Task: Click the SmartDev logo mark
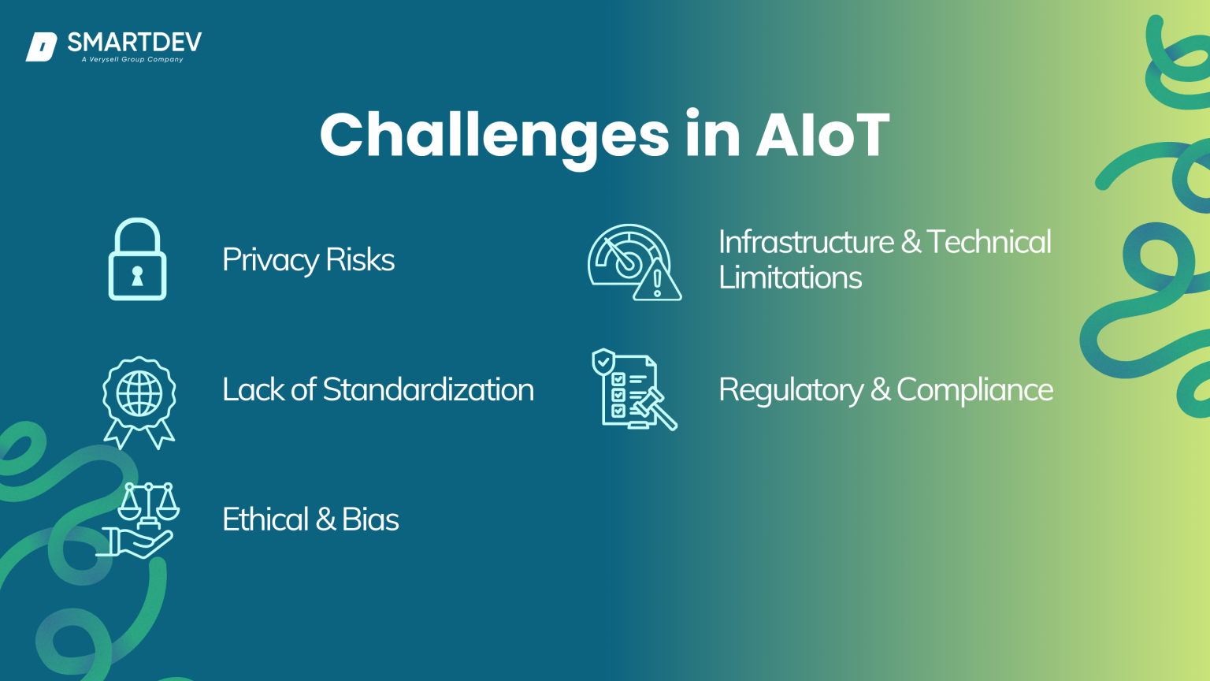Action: (x=41, y=47)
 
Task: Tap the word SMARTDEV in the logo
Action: (x=134, y=42)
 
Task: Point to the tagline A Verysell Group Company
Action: (x=132, y=60)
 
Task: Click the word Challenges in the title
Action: (x=494, y=136)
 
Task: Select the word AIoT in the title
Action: (x=822, y=136)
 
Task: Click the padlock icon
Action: (x=137, y=259)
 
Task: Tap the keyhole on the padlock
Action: (x=137, y=276)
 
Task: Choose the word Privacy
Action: (x=269, y=260)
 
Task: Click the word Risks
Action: (x=360, y=260)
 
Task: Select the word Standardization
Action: (x=428, y=389)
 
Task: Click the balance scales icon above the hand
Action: (x=148, y=504)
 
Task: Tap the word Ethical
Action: (x=265, y=519)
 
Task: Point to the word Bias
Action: (x=370, y=519)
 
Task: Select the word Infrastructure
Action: (x=806, y=242)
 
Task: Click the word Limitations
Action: (x=790, y=277)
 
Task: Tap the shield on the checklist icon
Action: (x=603, y=362)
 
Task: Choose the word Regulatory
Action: (x=791, y=390)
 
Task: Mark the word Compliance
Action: (x=974, y=389)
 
